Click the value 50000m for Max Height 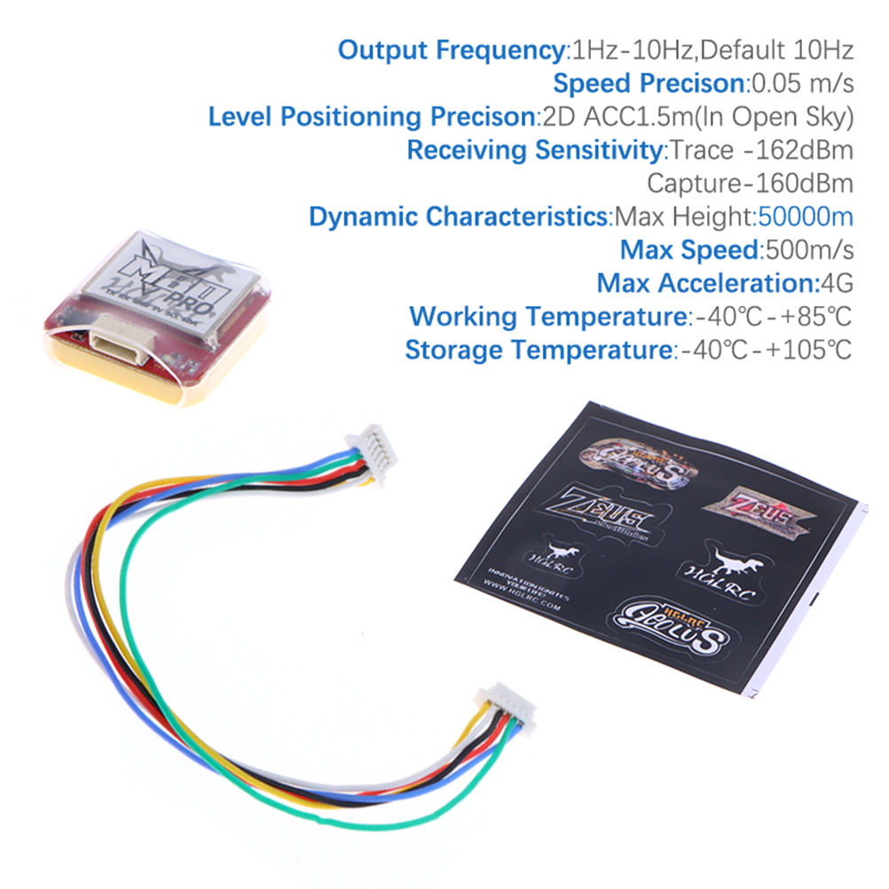click(x=805, y=216)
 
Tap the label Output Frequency click(x=451, y=50)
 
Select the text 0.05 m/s click(x=802, y=83)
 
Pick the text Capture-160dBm click(x=750, y=184)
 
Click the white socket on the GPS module click(x=117, y=342)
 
